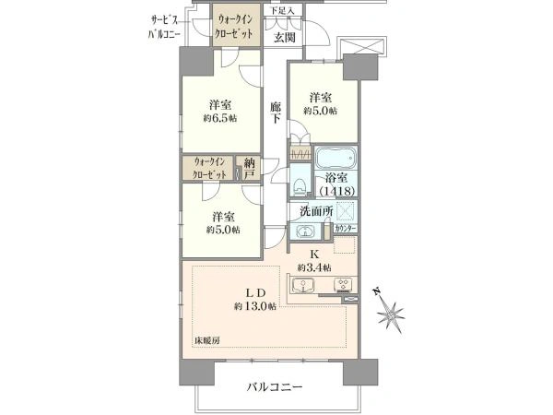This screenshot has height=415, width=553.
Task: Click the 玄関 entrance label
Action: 285,38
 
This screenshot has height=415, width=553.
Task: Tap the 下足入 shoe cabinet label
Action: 283,10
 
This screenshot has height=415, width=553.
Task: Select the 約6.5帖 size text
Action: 219,119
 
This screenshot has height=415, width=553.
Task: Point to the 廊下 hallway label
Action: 276,113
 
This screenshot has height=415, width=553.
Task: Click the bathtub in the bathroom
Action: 335,158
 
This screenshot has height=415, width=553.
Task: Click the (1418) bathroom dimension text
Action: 336,191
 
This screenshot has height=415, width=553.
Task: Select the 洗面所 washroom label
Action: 316,211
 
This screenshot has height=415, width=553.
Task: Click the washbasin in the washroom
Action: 305,231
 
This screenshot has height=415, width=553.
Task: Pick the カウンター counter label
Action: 346,229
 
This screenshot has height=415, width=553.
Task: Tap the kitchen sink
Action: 303,285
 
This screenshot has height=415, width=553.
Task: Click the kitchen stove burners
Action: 344,284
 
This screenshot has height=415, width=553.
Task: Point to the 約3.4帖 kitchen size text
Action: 314,268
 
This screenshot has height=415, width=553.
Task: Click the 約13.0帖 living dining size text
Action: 255,306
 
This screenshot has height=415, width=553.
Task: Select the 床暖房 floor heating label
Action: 207,340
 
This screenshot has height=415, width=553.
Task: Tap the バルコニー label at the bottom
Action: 274,387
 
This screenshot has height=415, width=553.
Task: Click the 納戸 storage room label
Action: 250,169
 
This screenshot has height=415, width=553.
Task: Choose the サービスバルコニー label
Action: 164,27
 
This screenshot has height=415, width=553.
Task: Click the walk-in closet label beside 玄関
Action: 234,26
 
